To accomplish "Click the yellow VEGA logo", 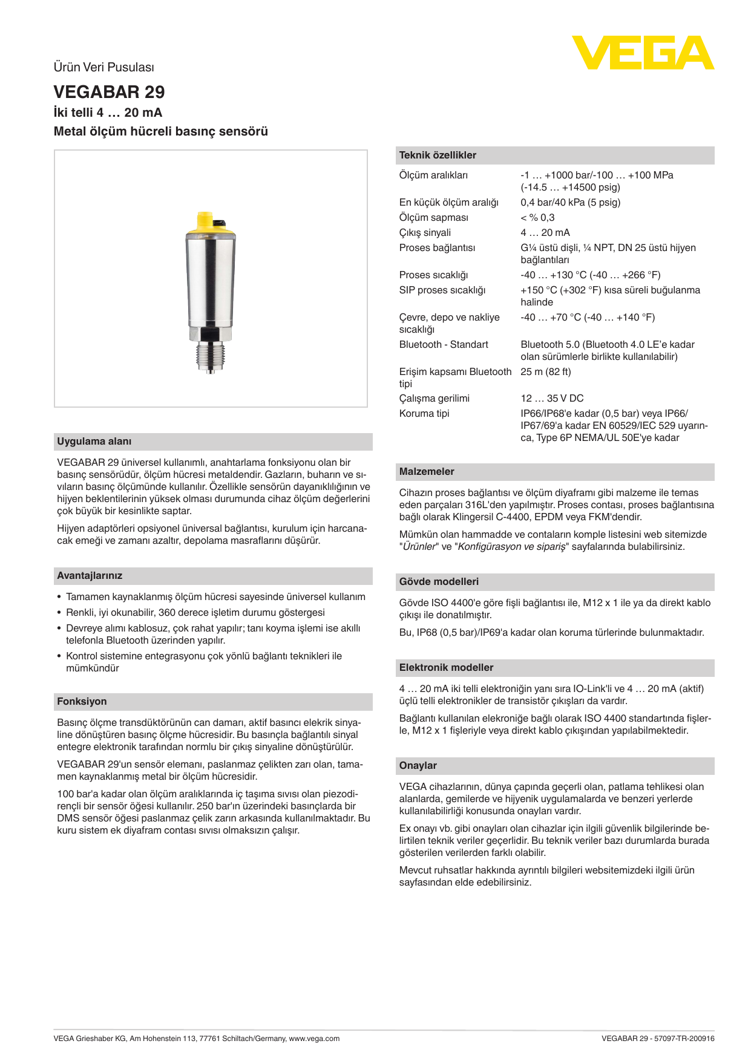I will click(x=643, y=53).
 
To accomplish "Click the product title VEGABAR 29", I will click(x=109, y=92).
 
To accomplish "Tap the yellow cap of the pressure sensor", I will click(x=209, y=225).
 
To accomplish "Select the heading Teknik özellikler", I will click(x=438, y=155).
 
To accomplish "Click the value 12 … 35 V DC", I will click(x=552, y=399).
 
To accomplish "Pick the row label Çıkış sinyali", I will click(x=425, y=233).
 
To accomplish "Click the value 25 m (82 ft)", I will click(x=545, y=372).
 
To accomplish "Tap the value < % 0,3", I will click(x=537, y=218).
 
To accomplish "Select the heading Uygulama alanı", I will click(x=94, y=442).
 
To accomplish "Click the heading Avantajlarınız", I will click(x=90, y=576).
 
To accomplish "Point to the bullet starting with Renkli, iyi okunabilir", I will click(x=195, y=613).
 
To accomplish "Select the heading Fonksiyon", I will click(x=82, y=702).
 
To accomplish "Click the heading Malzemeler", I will click(x=427, y=472).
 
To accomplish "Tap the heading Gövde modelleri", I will click(x=439, y=582).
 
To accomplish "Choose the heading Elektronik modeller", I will click(x=446, y=668).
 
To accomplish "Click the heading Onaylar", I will click(x=418, y=766).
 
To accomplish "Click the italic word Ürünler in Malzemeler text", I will click(x=419, y=547).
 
